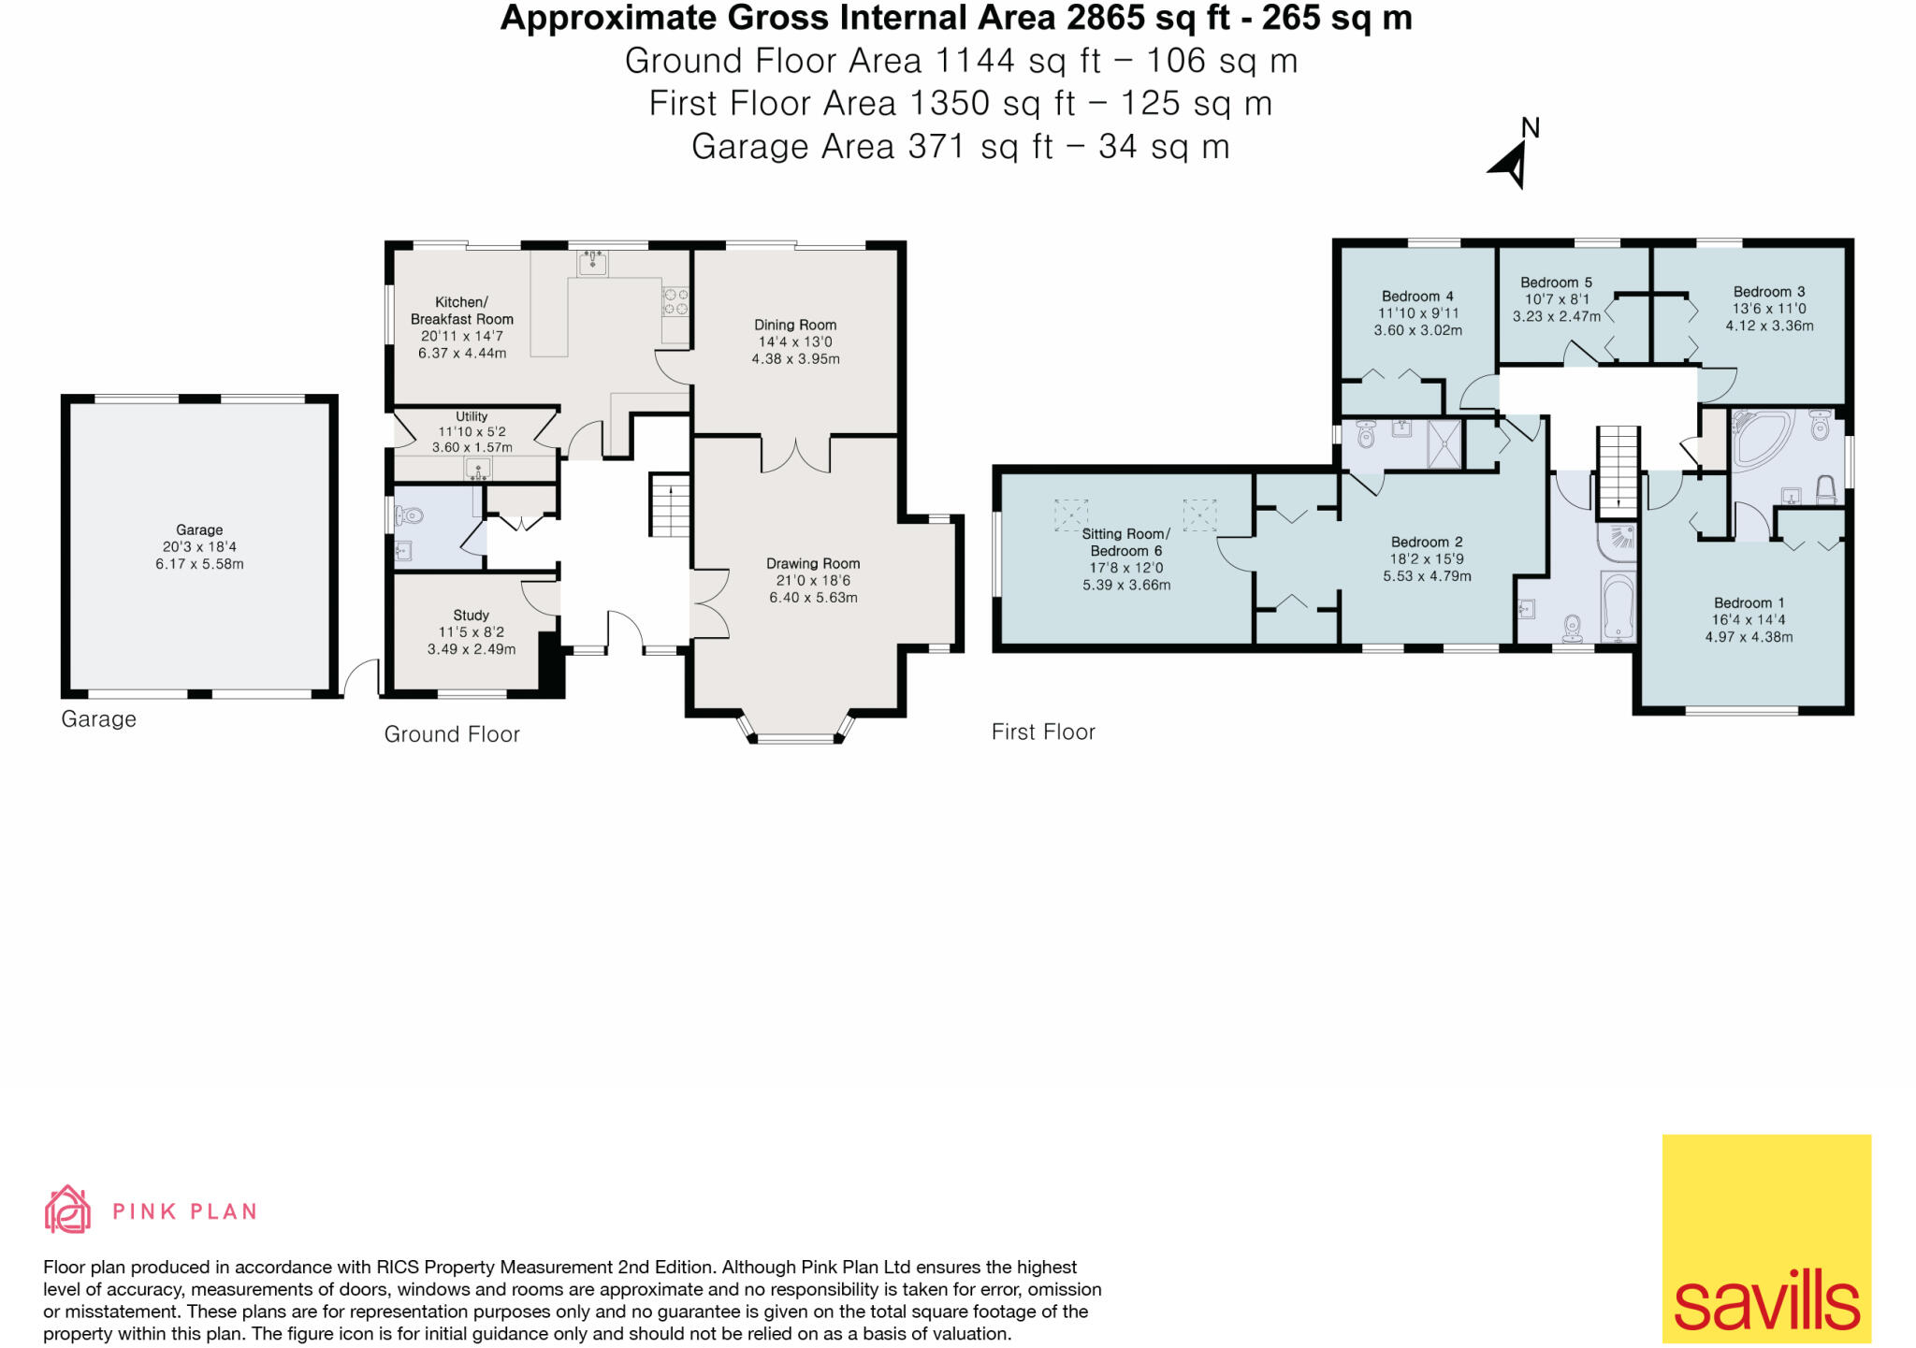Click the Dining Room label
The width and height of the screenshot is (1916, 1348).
click(x=795, y=325)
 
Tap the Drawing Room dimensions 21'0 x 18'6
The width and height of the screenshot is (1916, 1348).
click(x=812, y=580)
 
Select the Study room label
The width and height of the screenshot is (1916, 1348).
click(x=471, y=615)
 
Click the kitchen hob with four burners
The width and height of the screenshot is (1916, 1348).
click(x=675, y=301)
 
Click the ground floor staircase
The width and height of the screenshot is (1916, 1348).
click(x=670, y=505)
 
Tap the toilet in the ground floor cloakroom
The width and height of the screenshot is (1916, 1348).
click(x=410, y=515)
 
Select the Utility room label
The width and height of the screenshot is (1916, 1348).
click(x=472, y=416)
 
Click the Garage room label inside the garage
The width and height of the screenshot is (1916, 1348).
click(x=199, y=529)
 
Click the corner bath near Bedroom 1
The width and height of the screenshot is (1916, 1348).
click(x=1761, y=436)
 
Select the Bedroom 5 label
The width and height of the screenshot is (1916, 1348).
click(x=1556, y=282)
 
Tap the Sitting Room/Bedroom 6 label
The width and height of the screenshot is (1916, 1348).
click(x=1125, y=542)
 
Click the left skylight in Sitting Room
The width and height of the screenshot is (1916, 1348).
click(x=1071, y=515)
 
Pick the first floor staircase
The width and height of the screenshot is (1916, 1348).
click(x=1618, y=471)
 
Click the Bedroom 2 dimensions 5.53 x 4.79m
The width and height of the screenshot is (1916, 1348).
click(x=1427, y=576)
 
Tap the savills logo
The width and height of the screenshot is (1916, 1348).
click(x=1765, y=1239)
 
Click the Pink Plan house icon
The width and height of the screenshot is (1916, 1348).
click(x=67, y=1210)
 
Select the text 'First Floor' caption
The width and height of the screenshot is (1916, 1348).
click(x=1043, y=732)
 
